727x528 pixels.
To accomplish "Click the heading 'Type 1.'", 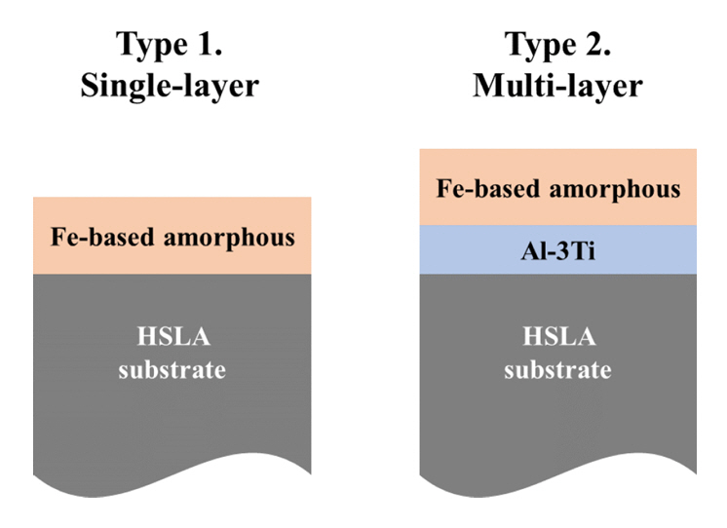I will point(172,44).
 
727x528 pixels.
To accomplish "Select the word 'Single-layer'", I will point(171,86).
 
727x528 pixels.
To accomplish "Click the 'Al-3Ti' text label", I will point(558,249).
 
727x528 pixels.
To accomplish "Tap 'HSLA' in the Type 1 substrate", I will point(172,338).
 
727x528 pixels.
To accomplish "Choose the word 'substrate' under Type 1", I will point(172,370).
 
